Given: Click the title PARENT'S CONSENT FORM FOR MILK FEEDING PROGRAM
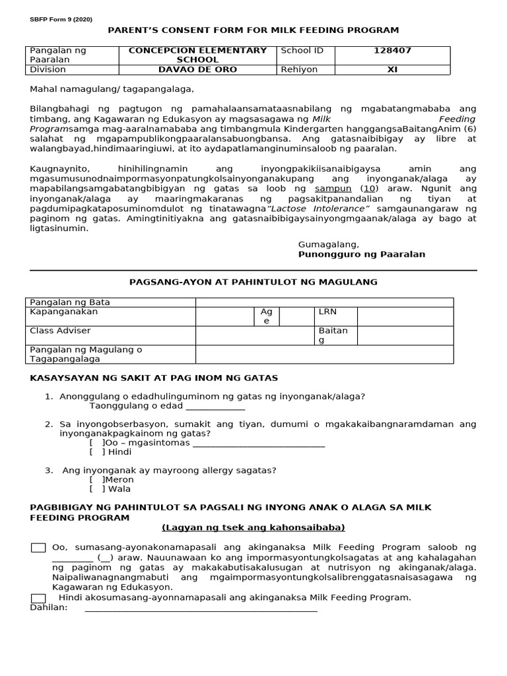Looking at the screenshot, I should pos(253,30).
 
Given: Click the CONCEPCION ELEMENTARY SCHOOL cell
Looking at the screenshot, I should pos(197,55).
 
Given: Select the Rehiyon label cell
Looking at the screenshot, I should pos(299,69).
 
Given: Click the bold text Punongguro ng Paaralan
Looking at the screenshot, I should pos(362,254).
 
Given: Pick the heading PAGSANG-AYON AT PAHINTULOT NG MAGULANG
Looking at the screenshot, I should pos(253,282).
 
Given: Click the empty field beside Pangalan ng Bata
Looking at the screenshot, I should pos(324,302).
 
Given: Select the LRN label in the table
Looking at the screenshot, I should pos(327,311).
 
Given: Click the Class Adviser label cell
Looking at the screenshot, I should pos(61,330).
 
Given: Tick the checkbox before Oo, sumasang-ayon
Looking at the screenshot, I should pos(38,547).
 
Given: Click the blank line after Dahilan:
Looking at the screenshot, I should pos(201,607).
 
